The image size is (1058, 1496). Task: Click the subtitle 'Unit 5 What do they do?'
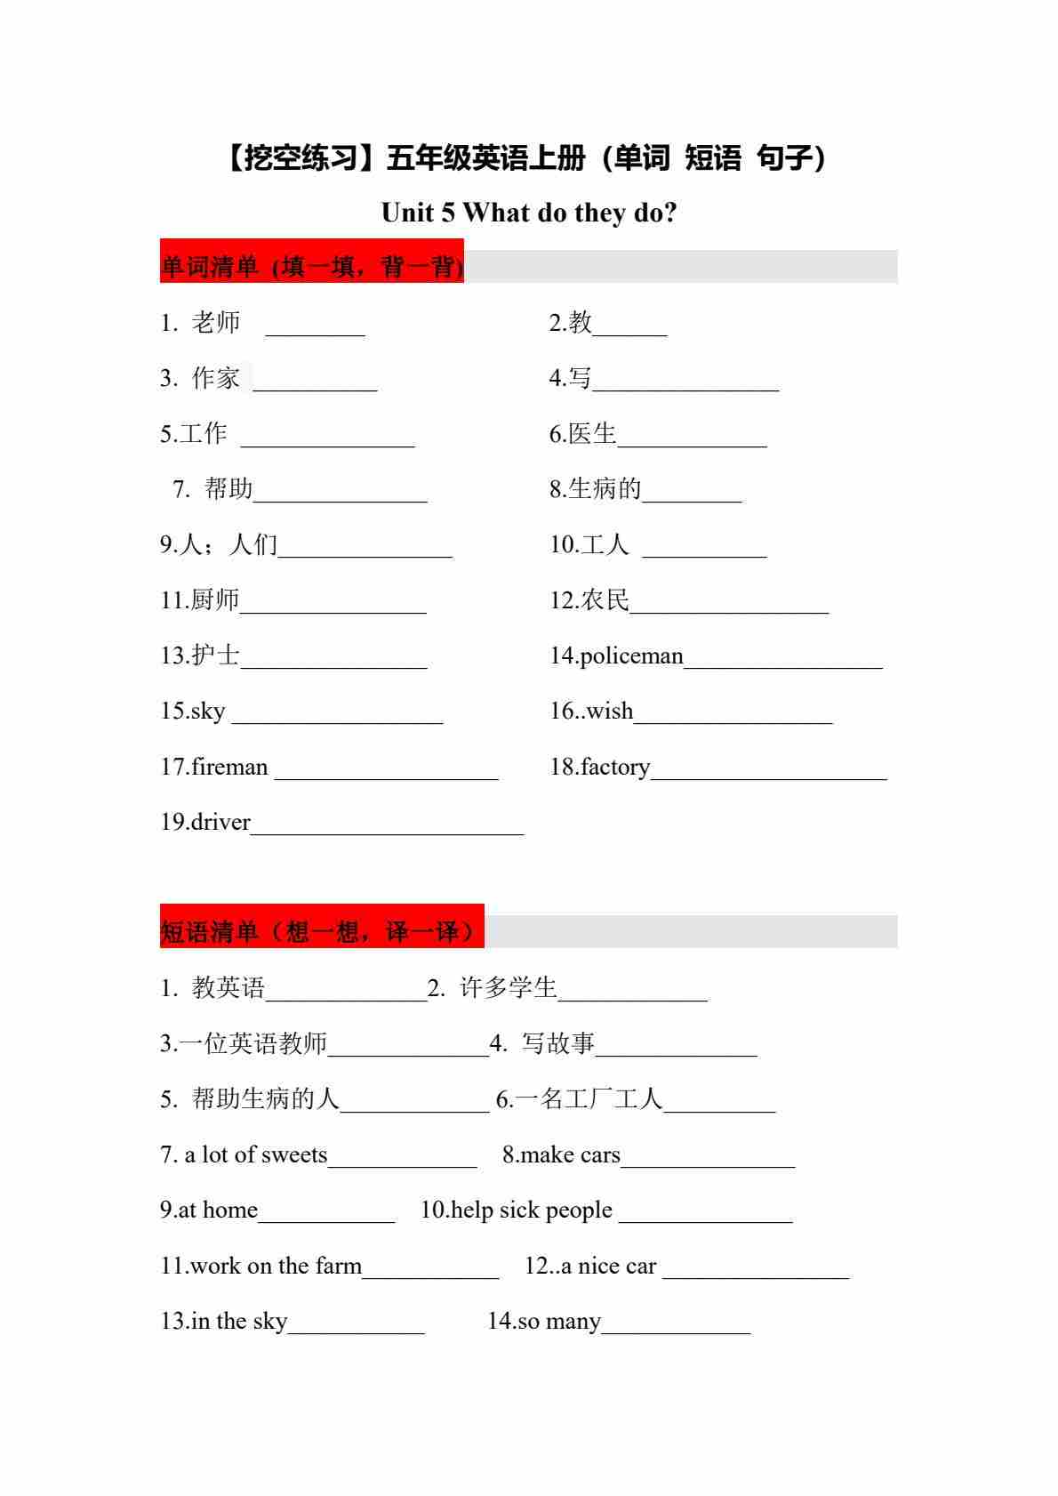coord(529,213)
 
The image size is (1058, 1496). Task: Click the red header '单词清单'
coord(311,266)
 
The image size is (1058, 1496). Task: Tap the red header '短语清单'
coord(322,931)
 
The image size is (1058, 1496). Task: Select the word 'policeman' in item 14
coord(631,656)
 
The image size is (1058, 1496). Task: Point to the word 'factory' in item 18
coord(615,767)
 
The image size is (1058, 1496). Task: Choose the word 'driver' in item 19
coord(220,822)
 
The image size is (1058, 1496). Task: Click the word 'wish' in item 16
coord(610,711)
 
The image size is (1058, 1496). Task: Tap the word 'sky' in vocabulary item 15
coord(208,712)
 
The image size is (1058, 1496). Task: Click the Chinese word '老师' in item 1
coord(216,322)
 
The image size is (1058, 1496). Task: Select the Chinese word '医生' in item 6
coord(592,433)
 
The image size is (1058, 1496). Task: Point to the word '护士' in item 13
coord(215,656)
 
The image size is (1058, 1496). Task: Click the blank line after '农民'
coord(729,610)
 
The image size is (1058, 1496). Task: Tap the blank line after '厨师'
coord(333,610)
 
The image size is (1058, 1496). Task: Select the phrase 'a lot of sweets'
coord(256,1155)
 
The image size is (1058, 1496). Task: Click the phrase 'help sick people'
coord(532,1210)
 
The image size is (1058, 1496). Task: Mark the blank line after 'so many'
coord(676,1331)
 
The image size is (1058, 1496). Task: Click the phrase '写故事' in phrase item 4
coord(558,1043)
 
